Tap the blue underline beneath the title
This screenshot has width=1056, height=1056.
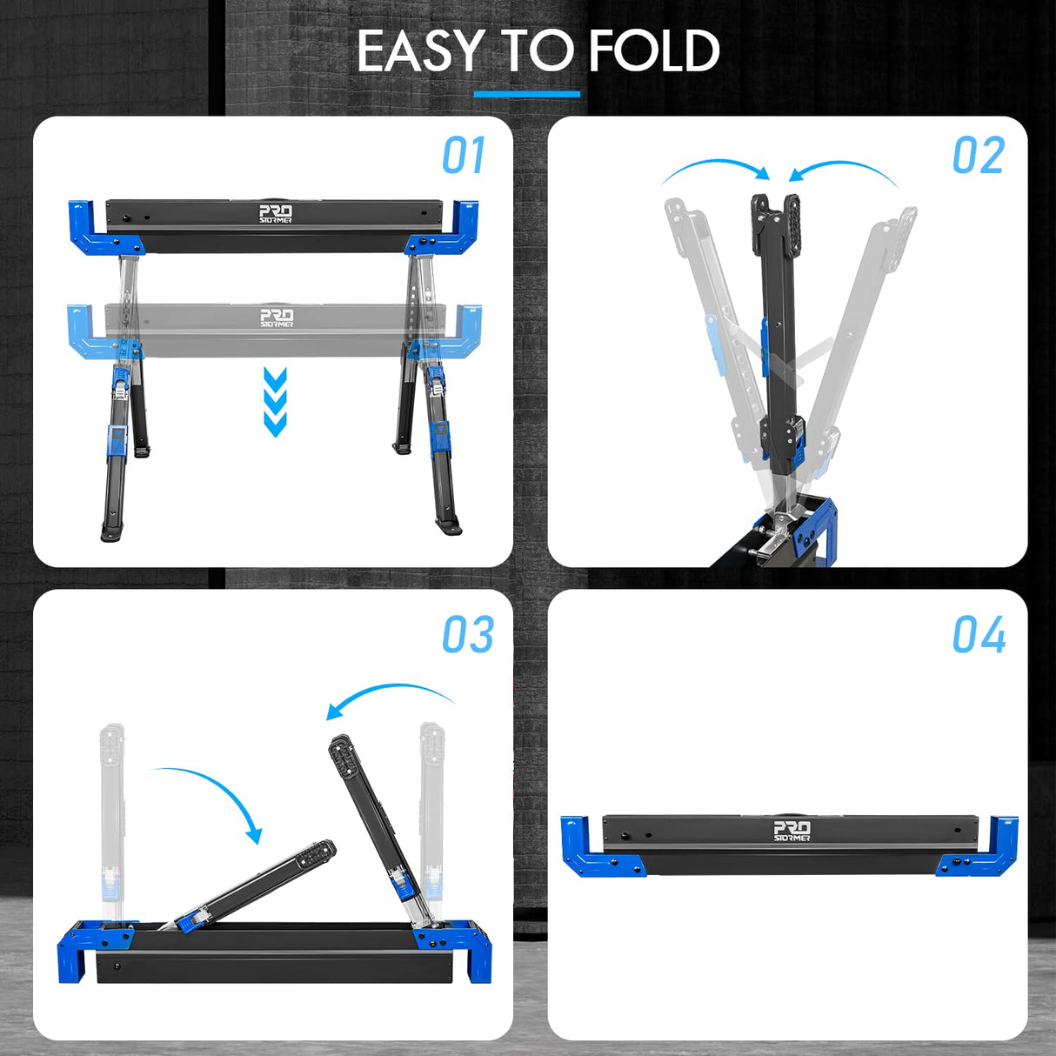pos(526,94)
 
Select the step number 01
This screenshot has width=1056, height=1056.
pos(463,157)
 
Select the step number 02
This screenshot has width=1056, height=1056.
pos(978,157)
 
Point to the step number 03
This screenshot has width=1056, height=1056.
pos(467,635)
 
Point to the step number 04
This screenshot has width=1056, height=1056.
pos(979,635)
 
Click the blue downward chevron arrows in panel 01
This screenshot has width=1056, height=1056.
pos(275,402)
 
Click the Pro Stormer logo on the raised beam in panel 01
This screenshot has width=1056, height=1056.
pos(276,214)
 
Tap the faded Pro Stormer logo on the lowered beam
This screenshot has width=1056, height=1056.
pos(277,317)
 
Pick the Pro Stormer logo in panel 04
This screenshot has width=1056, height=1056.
pos(792,831)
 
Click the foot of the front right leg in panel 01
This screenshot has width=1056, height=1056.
pos(448,526)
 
